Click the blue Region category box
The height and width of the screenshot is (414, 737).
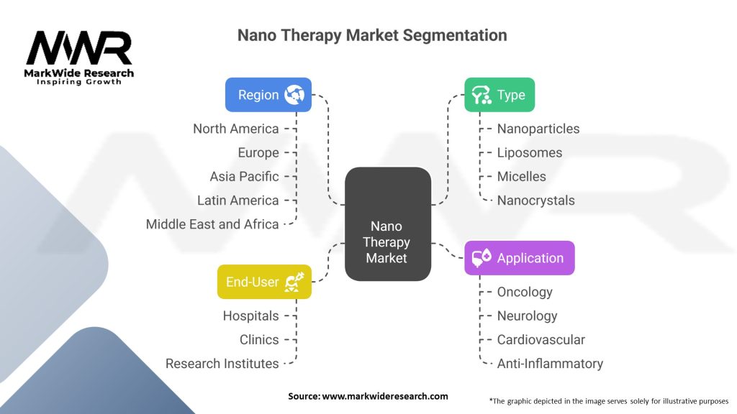[268, 95]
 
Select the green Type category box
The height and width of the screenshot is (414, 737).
[499, 95]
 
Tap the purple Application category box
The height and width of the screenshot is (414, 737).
[520, 258]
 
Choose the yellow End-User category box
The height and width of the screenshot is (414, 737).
[264, 282]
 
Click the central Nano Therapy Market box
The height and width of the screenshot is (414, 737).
[388, 224]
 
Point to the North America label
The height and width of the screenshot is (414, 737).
[236, 129]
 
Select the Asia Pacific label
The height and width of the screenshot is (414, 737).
[245, 177]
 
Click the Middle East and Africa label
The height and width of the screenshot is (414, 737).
[212, 224]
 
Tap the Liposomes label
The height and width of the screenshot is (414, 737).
[530, 152]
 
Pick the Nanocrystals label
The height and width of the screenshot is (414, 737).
[535, 201]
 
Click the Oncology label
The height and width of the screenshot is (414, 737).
[525, 292]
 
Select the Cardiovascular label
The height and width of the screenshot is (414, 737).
[541, 340]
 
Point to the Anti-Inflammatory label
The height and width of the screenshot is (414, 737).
[550, 364]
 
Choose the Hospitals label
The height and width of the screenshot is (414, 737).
[251, 316]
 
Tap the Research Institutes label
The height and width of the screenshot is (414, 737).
[222, 364]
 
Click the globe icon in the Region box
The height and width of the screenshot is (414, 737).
[294, 95]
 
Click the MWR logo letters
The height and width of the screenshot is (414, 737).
[79, 48]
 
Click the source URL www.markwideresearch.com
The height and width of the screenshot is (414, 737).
[385, 396]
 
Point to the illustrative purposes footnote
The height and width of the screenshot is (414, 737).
[609, 401]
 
